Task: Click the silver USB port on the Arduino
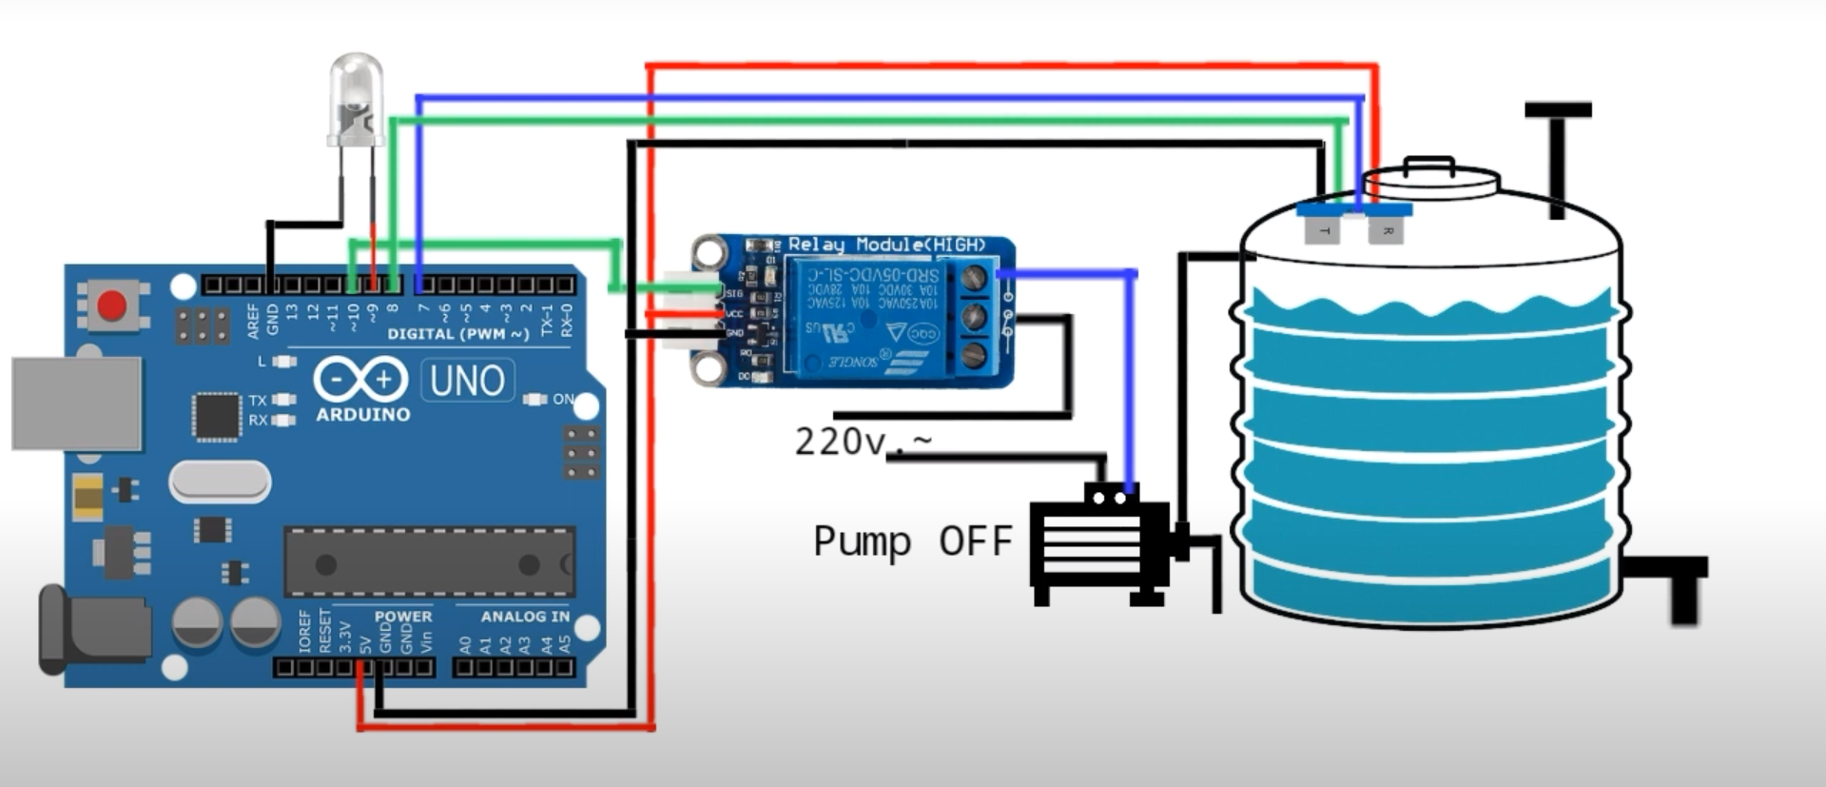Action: coord(77,403)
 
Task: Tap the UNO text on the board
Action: coord(467,381)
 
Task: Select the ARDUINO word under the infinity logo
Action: coord(363,415)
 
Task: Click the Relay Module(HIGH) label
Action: coord(886,246)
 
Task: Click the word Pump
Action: coord(862,541)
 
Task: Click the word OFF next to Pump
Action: coord(975,541)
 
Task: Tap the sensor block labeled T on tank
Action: coord(1322,229)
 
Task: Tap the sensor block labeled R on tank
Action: coord(1386,229)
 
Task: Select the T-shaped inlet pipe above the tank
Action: coord(1558,152)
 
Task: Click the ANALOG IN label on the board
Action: coord(525,617)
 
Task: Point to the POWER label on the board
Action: coord(403,617)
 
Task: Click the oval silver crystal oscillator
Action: coord(220,482)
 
